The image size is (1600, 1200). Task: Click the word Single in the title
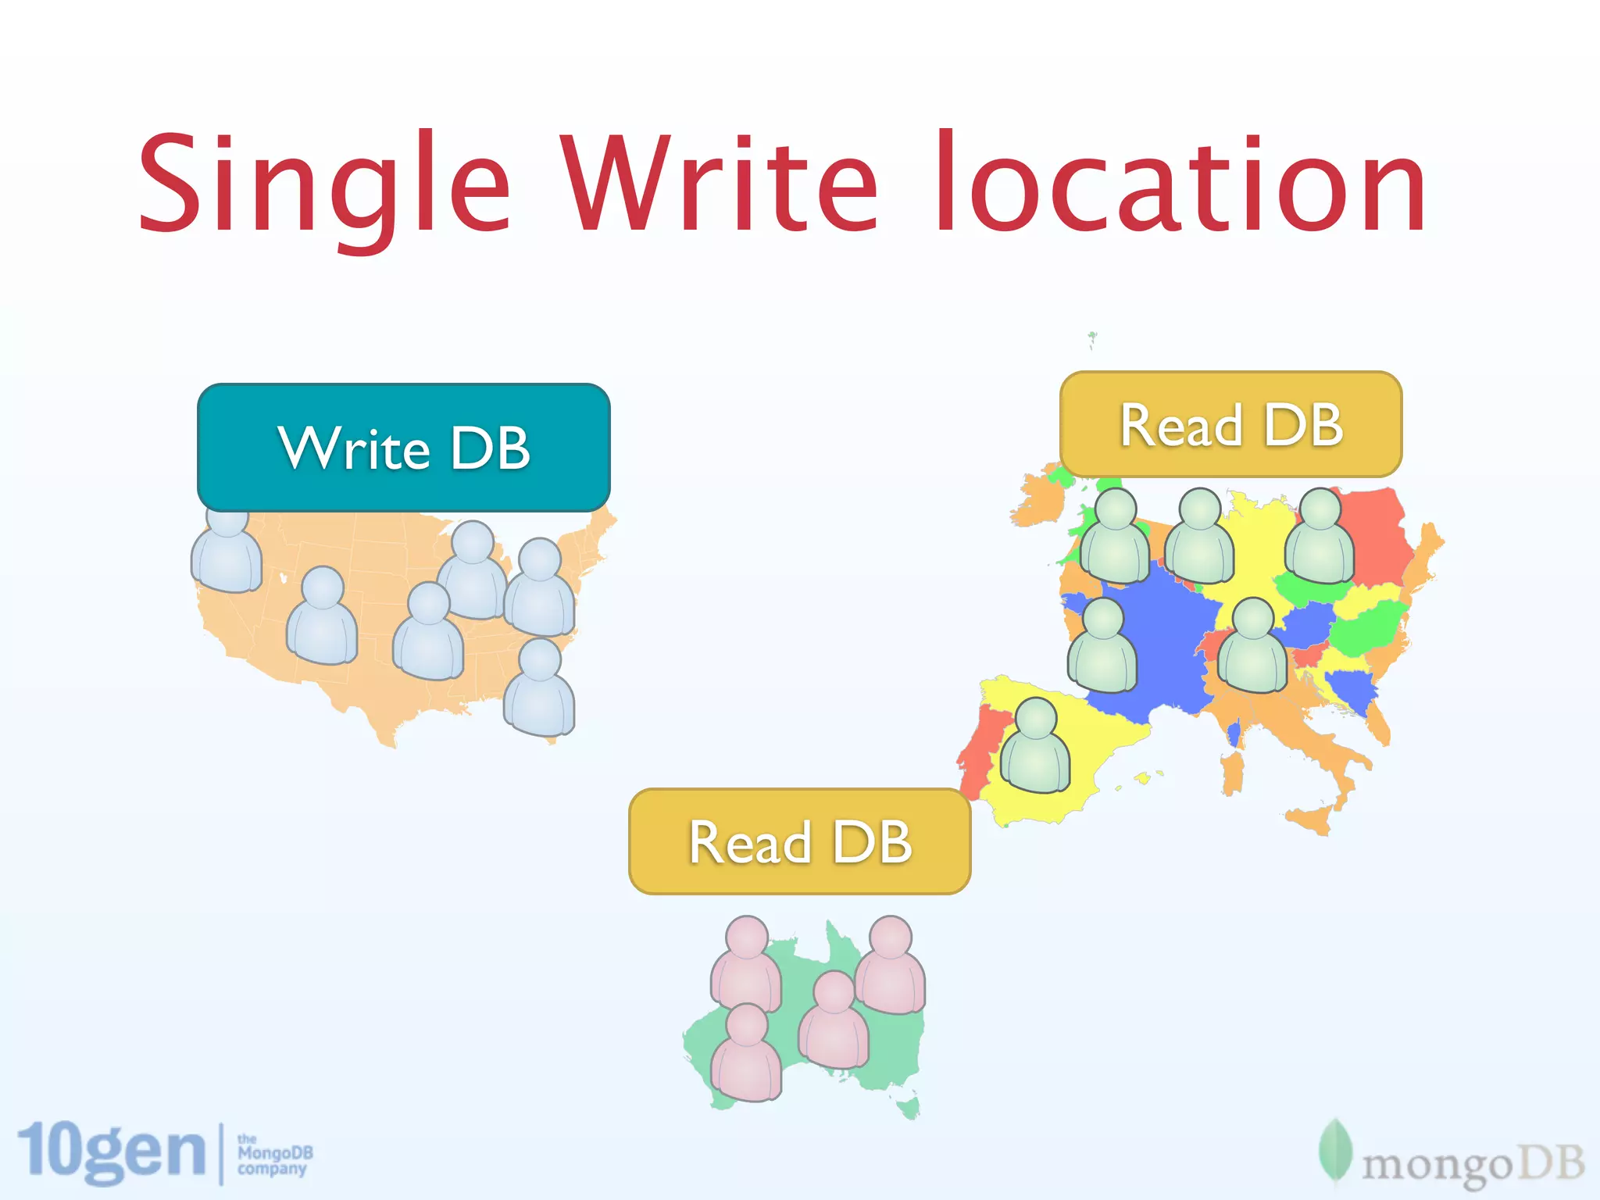click(324, 186)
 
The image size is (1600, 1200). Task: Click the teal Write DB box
click(403, 448)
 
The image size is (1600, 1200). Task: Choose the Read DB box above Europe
click(1230, 424)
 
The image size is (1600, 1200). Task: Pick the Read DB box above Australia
click(799, 841)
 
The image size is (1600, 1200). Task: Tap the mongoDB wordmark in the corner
click(1473, 1165)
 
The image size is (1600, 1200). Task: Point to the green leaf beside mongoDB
click(1335, 1153)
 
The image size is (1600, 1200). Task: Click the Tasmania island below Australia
click(908, 1107)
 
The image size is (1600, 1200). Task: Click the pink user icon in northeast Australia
click(890, 965)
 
